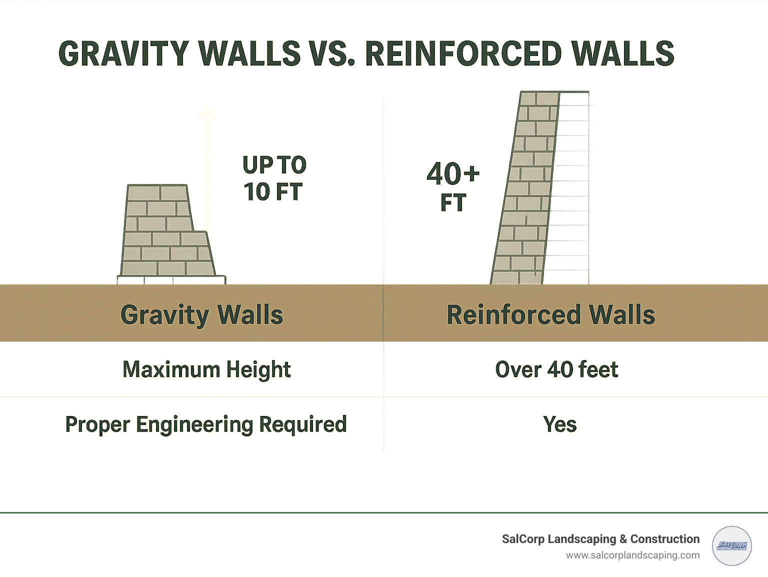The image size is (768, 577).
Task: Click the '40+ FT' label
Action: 453,187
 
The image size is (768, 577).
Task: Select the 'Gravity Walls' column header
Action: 201,315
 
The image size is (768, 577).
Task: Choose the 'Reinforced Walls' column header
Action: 550,315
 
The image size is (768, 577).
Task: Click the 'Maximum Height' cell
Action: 206,369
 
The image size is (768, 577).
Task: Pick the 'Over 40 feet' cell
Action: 556,369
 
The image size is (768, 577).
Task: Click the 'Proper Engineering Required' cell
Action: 206,424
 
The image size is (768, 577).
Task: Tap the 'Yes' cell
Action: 559,424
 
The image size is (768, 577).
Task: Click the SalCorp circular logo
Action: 731,546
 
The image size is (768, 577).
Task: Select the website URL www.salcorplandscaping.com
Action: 632,555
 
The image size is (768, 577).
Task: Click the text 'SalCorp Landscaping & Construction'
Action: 600,539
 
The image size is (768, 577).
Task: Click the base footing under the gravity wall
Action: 171,280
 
